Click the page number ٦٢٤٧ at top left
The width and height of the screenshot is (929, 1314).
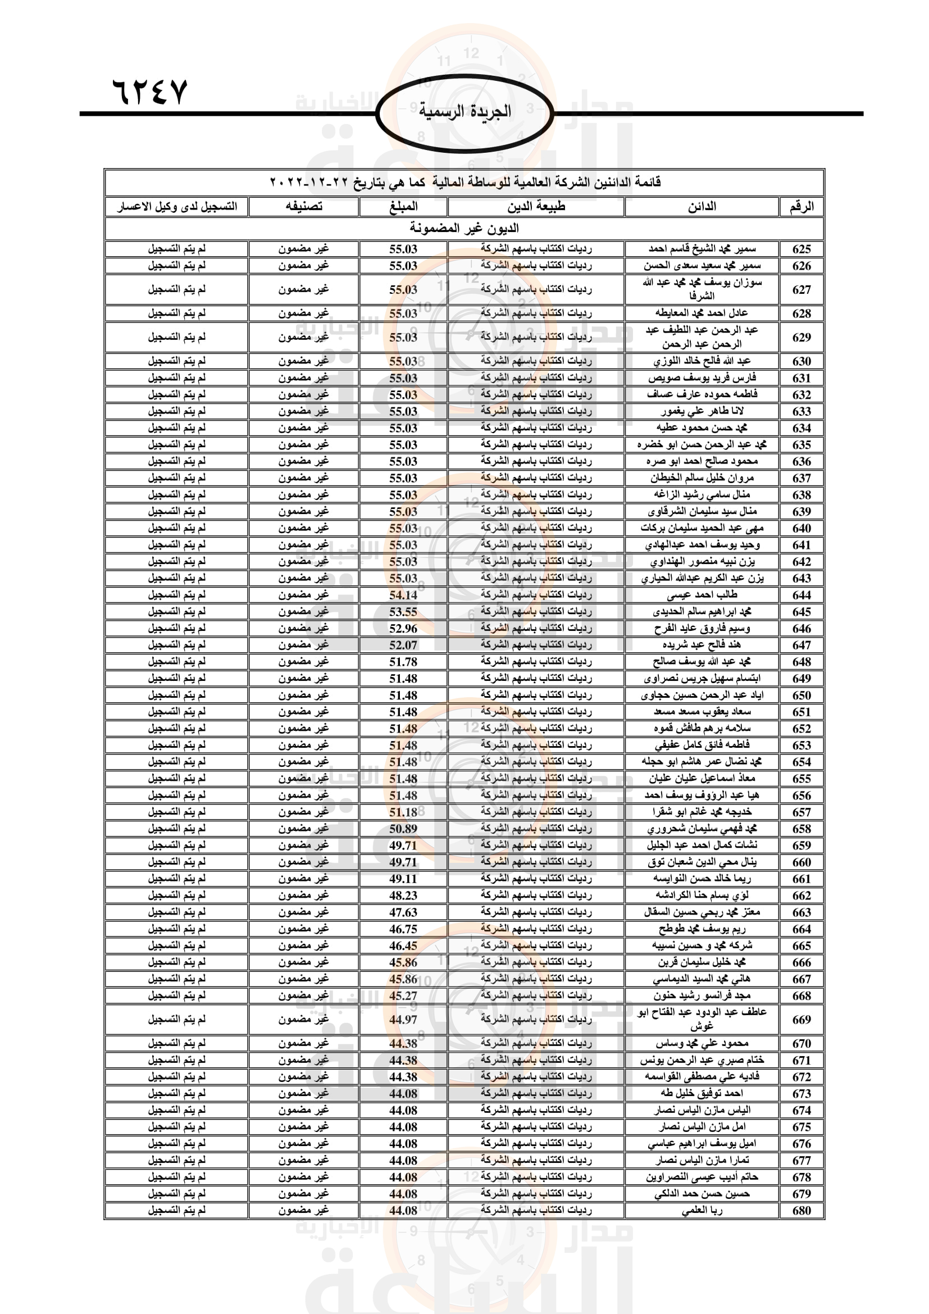(x=150, y=92)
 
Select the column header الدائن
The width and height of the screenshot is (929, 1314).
(x=702, y=207)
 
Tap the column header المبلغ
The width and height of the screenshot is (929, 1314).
(x=403, y=207)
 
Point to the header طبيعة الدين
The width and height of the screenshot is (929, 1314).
(x=535, y=207)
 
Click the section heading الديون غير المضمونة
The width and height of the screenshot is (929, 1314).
(x=464, y=228)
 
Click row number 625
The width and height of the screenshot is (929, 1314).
(x=802, y=249)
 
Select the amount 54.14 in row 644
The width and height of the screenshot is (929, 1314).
(x=403, y=595)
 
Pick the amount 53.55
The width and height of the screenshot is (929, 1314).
(x=403, y=612)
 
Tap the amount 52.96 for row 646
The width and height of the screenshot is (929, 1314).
(x=403, y=629)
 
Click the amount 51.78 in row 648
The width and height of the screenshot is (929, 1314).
(x=403, y=662)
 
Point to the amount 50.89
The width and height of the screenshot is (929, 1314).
(x=403, y=829)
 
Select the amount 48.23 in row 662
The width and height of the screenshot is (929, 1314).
(x=403, y=895)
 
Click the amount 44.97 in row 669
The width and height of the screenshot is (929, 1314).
(x=403, y=1019)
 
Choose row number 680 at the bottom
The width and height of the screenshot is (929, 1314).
(x=802, y=1211)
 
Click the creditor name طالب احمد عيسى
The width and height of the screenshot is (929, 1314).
(x=702, y=595)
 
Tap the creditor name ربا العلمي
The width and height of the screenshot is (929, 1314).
(x=702, y=1211)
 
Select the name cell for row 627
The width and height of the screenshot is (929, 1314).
(x=702, y=289)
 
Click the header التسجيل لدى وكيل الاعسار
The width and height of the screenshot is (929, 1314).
(x=177, y=207)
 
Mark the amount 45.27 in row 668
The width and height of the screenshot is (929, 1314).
(x=403, y=996)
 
